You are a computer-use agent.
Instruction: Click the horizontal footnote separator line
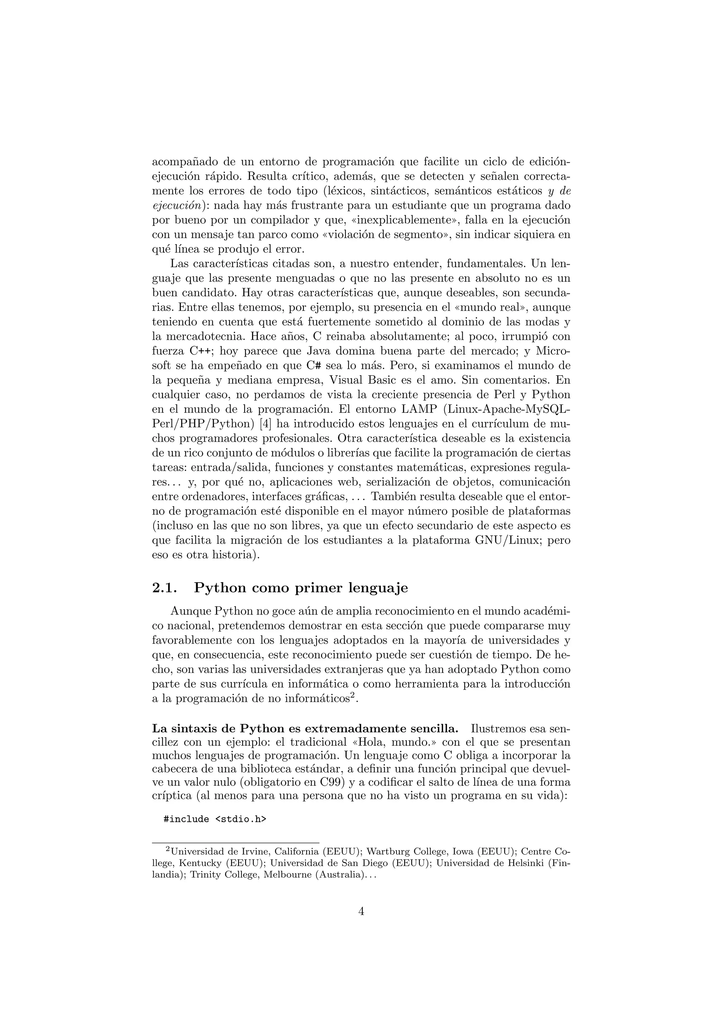[236, 843]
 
